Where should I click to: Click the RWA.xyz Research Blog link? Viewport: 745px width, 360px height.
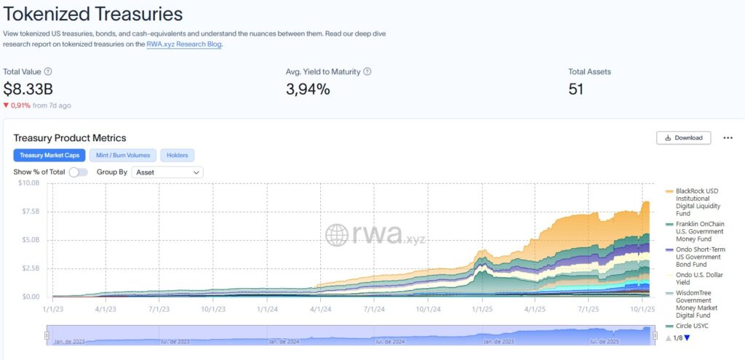[183, 44]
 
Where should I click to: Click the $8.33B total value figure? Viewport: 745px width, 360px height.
[28, 89]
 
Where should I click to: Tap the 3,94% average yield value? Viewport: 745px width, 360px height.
[308, 89]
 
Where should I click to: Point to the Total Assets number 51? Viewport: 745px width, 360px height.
[575, 89]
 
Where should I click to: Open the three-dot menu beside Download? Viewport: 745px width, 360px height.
[728, 137]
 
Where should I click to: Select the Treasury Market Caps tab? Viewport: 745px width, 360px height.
[49, 155]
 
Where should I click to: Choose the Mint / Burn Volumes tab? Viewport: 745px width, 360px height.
[123, 155]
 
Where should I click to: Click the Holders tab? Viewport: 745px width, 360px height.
[178, 155]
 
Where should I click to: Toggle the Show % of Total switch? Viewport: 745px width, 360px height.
[78, 172]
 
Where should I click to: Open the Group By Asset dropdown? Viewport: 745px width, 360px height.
[168, 172]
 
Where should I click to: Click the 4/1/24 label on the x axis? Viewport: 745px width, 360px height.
[321, 308]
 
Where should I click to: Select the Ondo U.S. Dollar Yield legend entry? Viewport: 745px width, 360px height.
[698, 279]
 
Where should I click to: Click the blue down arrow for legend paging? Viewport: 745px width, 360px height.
[687, 337]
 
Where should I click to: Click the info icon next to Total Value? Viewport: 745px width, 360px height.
[48, 72]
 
